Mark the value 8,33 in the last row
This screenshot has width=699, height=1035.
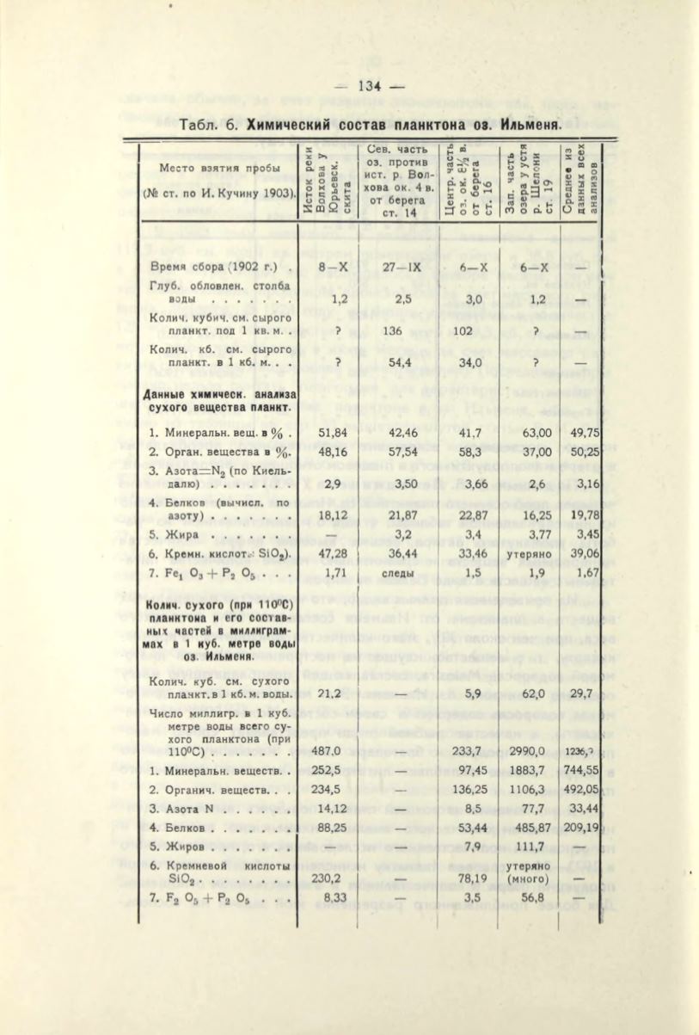pos(333,898)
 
